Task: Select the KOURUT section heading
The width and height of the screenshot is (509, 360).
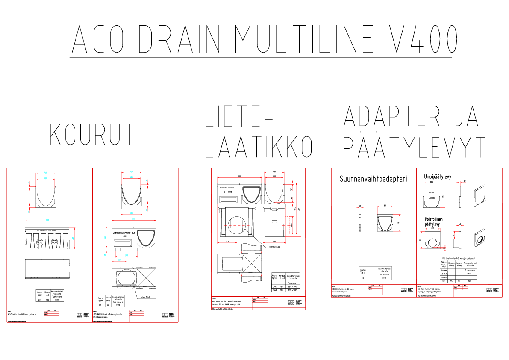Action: coord(92,134)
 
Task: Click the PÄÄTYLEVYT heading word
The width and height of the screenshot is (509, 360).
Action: coord(414,147)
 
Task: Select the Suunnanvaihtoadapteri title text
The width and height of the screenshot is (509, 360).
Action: coord(373,179)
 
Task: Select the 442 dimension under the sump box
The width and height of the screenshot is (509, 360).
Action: coord(227,242)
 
